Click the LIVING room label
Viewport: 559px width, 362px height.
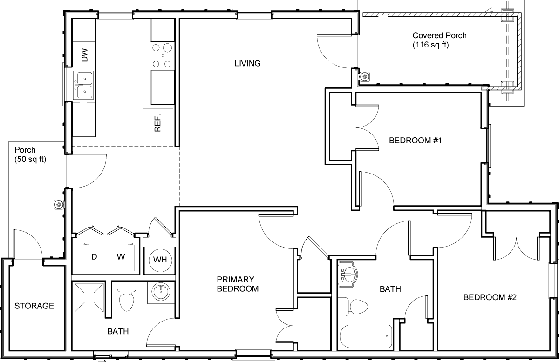pyautogui.click(x=247, y=63)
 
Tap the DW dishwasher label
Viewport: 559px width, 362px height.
pyautogui.click(x=85, y=55)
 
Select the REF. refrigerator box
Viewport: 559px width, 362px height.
pyautogui.click(x=158, y=123)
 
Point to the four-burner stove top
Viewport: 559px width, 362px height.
pyautogui.click(x=162, y=56)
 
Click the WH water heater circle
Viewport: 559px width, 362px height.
pyautogui.click(x=160, y=260)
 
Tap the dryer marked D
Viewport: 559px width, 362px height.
pyautogui.click(x=95, y=257)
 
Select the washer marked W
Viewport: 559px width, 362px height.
pyautogui.click(x=122, y=257)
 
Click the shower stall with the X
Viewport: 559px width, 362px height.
pyautogui.click(x=89, y=297)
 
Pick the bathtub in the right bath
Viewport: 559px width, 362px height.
pyautogui.click(x=366, y=336)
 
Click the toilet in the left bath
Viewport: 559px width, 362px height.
pyautogui.click(x=127, y=297)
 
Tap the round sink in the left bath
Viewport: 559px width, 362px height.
pyautogui.click(x=161, y=293)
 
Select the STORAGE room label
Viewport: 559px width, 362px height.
pyautogui.click(x=34, y=306)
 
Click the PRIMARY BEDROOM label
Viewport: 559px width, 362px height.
pyautogui.click(x=238, y=284)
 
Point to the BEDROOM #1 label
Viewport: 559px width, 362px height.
pyautogui.click(x=416, y=141)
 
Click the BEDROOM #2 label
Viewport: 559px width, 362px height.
pyautogui.click(x=490, y=297)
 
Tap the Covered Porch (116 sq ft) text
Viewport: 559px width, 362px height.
pyautogui.click(x=439, y=40)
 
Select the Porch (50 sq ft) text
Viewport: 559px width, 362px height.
pyautogui.click(x=30, y=154)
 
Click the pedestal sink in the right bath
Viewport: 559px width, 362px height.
pyautogui.click(x=348, y=274)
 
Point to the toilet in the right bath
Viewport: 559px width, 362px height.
pyautogui.click(x=353, y=307)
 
